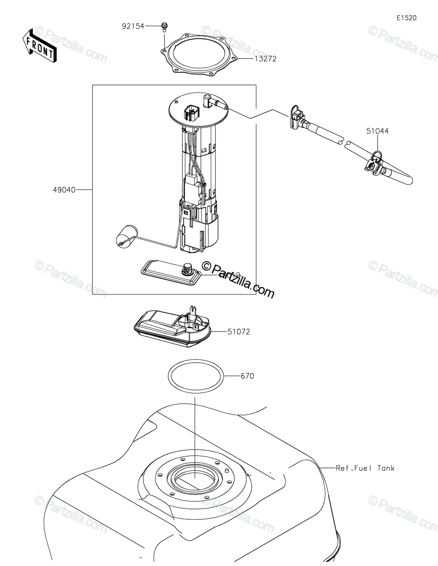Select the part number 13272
(265, 59)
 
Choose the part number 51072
(239, 332)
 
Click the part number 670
(247, 376)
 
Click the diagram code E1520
(406, 18)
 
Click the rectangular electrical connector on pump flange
(192, 112)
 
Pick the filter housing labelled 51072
(173, 328)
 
